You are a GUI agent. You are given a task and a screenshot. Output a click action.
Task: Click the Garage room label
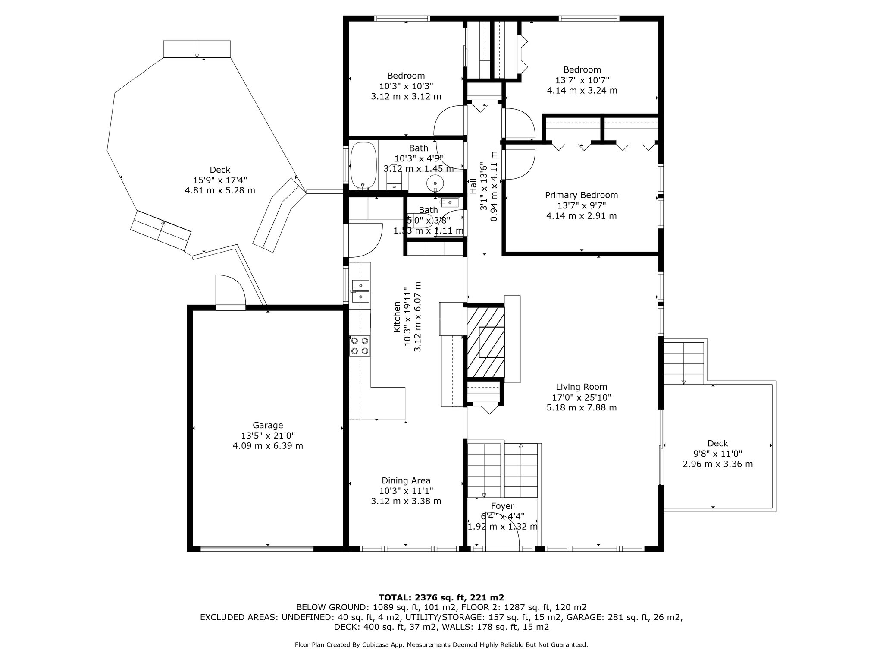(268, 425)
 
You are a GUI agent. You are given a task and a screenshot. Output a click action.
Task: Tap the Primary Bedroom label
(581, 195)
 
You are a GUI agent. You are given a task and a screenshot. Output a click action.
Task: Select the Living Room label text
(581, 387)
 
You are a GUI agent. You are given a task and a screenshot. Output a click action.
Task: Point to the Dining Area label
(406, 480)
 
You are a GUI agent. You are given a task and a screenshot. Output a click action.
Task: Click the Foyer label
(502, 506)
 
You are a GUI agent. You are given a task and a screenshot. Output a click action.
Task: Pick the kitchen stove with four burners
(360, 346)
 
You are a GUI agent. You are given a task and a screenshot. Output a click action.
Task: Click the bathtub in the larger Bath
(363, 166)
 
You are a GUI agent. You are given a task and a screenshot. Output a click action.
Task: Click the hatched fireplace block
(485, 341)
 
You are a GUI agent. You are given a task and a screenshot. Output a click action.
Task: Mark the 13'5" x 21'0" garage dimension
(268, 436)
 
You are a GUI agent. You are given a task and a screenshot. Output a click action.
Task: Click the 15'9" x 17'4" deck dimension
(220, 180)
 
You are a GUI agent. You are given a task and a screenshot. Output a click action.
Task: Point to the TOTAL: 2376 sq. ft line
(441, 597)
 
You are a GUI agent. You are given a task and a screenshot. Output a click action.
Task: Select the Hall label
(473, 186)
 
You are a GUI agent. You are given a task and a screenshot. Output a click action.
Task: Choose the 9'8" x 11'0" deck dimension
(717, 454)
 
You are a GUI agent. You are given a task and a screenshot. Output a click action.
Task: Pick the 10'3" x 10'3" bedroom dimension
(406, 86)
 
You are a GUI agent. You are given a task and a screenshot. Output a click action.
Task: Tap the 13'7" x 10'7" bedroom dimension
(582, 80)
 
